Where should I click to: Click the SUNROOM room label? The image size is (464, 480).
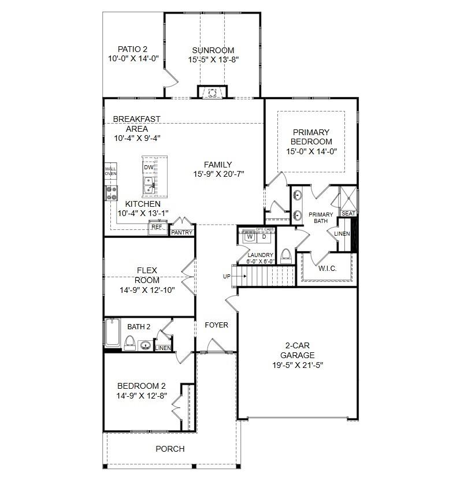(x=213, y=50)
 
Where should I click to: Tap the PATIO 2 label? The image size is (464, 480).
(x=132, y=49)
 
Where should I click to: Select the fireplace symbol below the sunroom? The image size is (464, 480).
(x=212, y=93)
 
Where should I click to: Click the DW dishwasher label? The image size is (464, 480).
(x=149, y=167)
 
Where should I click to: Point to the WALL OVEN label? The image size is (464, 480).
(x=110, y=171)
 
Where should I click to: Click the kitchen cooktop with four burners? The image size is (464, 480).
(x=111, y=194)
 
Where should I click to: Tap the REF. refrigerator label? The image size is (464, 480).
(x=157, y=227)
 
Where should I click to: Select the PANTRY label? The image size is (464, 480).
(x=181, y=233)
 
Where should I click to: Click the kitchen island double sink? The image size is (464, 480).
(x=149, y=186)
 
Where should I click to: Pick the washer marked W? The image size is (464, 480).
(x=250, y=237)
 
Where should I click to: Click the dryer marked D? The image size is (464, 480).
(x=264, y=237)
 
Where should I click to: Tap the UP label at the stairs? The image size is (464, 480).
(x=227, y=277)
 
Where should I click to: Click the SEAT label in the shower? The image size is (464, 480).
(x=348, y=213)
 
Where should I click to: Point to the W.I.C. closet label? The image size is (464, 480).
(x=328, y=269)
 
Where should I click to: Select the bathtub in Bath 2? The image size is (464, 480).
(x=113, y=333)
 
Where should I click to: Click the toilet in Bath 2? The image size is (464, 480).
(x=129, y=343)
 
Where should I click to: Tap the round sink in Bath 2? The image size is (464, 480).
(x=146, y=345)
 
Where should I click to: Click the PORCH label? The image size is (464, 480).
(x=170, y=449)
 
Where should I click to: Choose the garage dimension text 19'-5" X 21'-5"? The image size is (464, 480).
(x=298, y=365)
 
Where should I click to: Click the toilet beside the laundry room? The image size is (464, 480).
(x=286, y=256)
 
